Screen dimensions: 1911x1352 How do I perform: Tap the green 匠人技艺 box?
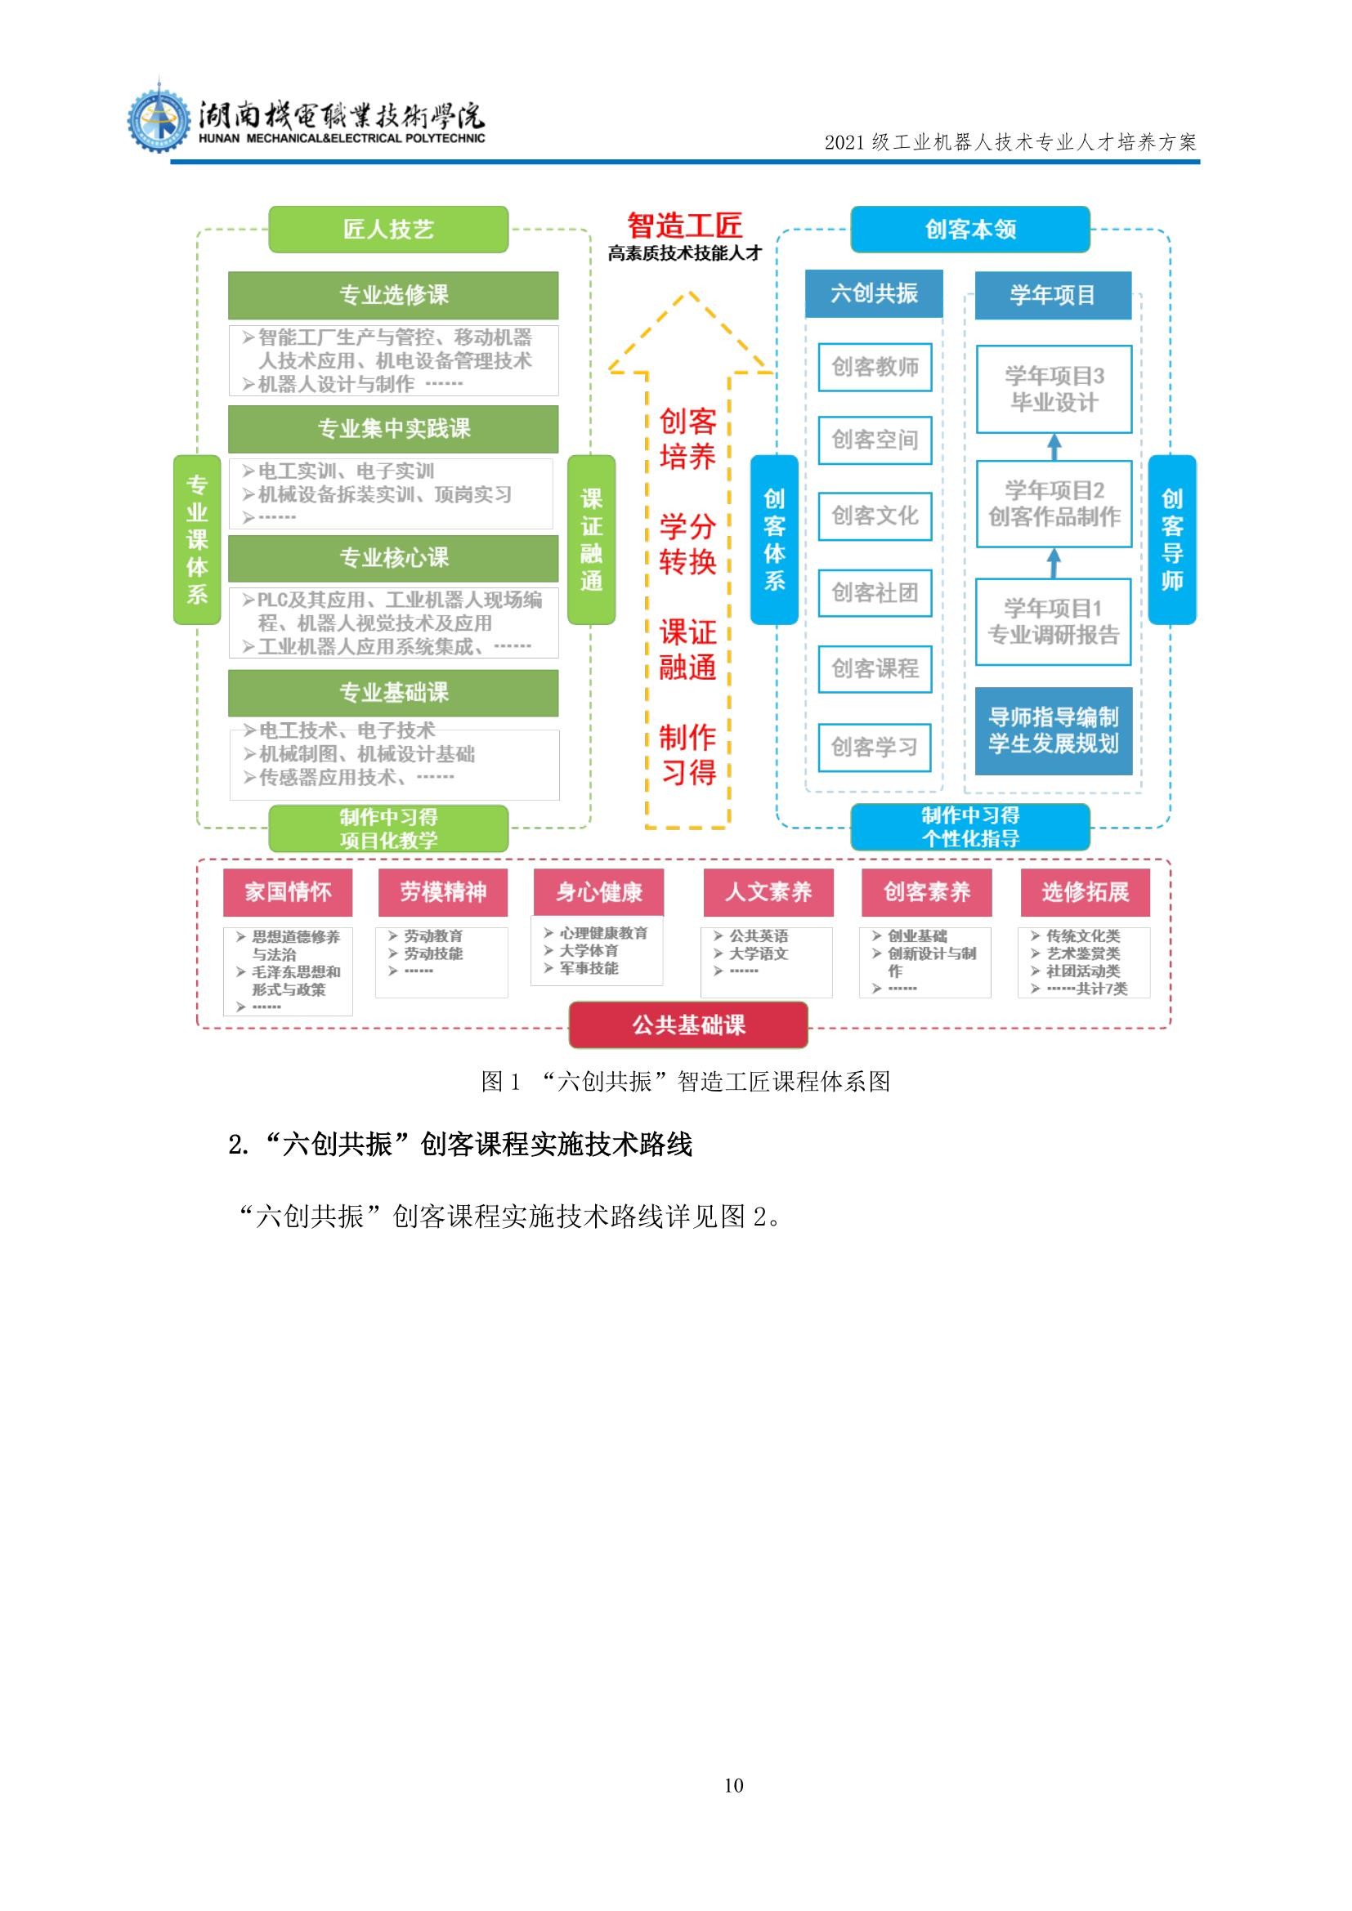coord(388,229)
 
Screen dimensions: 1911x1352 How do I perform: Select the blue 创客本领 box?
coord(970,229)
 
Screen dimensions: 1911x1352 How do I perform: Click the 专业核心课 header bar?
coord(393,558)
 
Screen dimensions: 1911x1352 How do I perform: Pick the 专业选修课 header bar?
coord(393,295)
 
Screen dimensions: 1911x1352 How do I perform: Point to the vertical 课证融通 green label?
coord(591,539)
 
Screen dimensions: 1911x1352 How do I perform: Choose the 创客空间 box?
coord(874,440)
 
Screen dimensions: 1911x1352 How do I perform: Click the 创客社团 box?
coord(874,592)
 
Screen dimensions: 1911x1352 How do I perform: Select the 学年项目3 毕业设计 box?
coord(1054,389)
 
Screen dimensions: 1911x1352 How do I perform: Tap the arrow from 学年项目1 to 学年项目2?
coord(1054,563)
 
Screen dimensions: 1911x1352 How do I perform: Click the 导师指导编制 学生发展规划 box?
coord(1054,730)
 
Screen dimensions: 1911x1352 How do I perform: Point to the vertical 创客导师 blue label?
coord(1171,539)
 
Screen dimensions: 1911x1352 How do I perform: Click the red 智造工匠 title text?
coord(684,225)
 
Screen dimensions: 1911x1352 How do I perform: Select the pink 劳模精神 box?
coord(443,892)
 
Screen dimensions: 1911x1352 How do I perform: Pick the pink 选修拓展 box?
coord(1085,892)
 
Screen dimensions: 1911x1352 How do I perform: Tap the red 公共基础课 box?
coord(688,1025)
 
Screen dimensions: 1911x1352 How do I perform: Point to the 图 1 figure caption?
coord(685,1081)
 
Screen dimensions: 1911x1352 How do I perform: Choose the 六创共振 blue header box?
coord(874,293)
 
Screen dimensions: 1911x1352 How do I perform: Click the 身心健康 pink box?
coord(598,892)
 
